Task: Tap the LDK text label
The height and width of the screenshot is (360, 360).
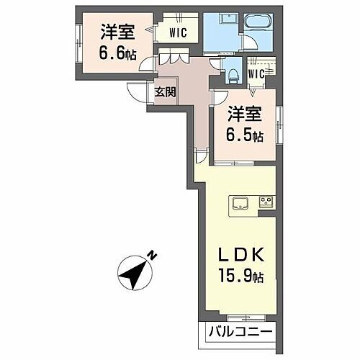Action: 240,256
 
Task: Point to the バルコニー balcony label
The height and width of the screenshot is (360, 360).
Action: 239,333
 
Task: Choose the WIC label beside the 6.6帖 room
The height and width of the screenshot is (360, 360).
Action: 179,33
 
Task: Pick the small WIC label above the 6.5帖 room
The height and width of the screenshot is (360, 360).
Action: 257,72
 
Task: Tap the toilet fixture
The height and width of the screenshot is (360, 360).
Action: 232,71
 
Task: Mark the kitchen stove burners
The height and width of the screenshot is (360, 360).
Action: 266,200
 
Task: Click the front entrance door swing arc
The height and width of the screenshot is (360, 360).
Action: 137,91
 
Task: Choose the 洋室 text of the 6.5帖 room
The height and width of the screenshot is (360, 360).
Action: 243,114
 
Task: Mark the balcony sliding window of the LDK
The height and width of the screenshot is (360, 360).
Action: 235,315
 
